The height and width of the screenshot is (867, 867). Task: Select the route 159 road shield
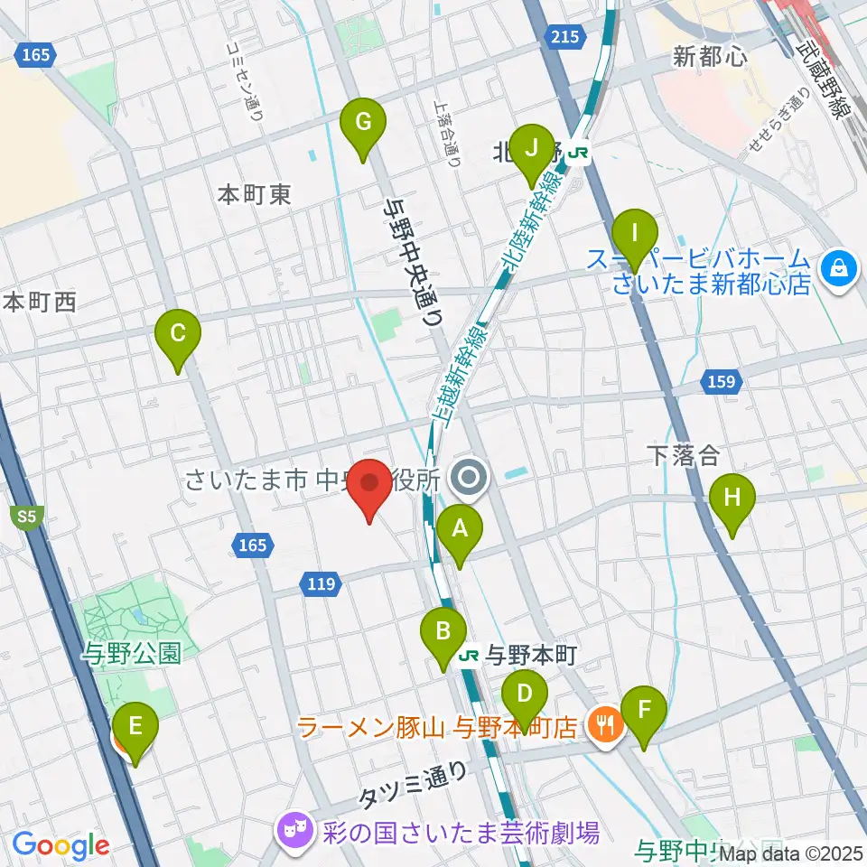click(x=722, y=382)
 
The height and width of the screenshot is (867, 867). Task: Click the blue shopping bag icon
click(x=839, y=268)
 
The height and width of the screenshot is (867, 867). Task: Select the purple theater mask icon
click(x=293, y=827)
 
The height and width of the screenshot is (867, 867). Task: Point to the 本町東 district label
click(x=256, y=194)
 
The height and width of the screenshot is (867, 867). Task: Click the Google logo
click(x=61, y=845)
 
